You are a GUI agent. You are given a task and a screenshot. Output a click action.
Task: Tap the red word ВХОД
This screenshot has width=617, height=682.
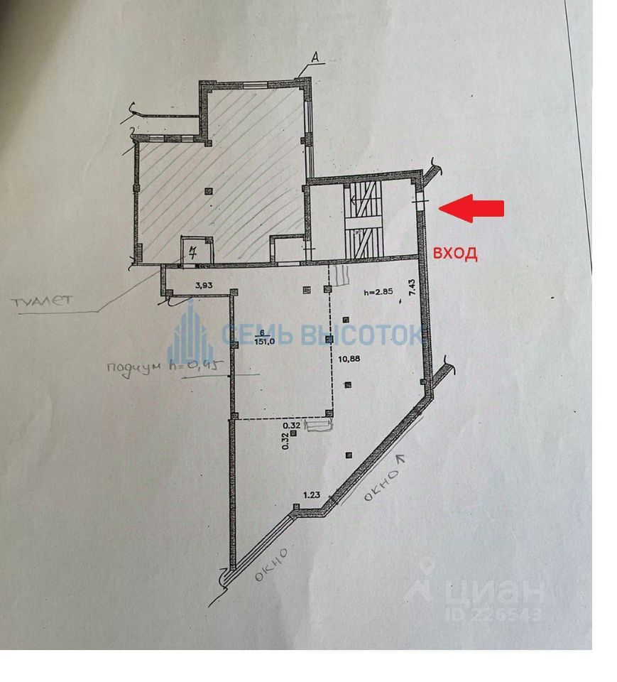[x=455, y=252]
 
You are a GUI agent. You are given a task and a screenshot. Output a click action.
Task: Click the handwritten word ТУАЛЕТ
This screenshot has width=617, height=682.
[x=41, y=301]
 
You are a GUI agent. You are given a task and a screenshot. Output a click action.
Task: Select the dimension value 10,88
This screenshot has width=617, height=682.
[x=349, y=358]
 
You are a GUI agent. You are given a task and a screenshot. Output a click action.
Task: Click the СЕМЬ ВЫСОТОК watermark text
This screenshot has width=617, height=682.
[x=323, y=333]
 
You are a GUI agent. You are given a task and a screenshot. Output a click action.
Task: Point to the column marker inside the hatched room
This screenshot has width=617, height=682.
[x=207, y=190]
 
